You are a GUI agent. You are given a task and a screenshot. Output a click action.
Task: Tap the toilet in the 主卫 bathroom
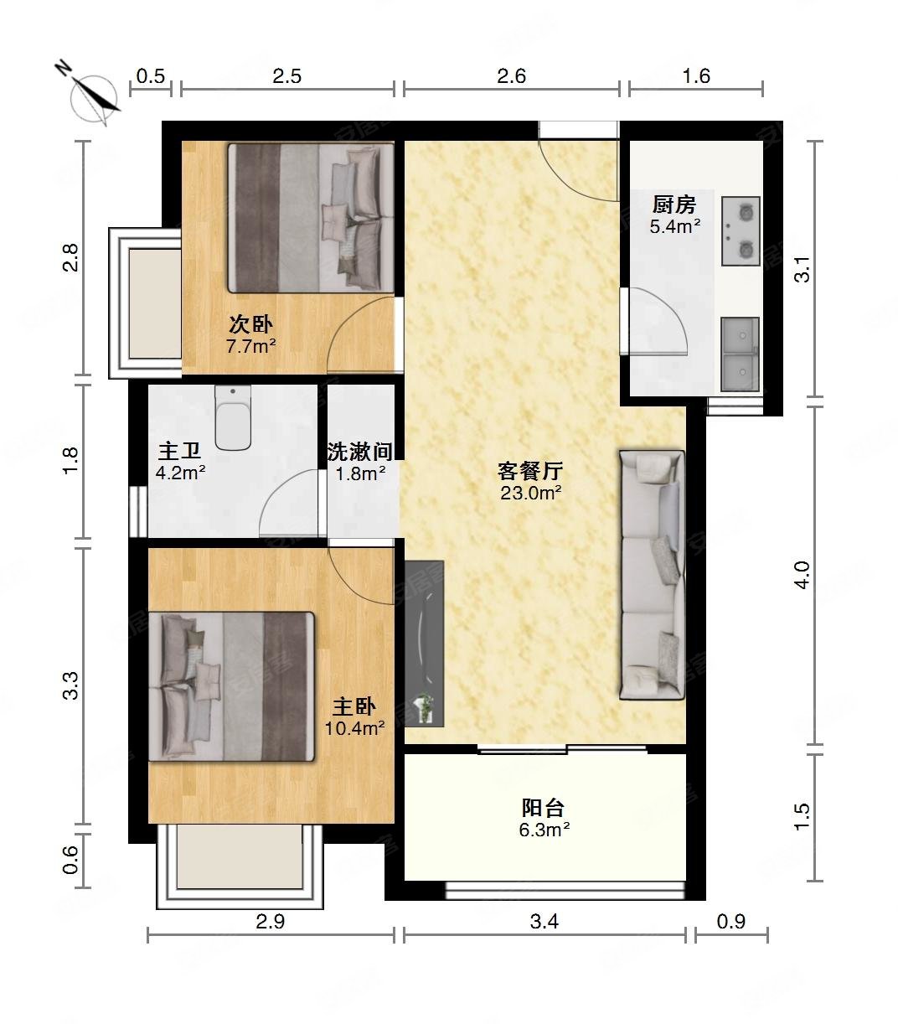[x=233, y=417]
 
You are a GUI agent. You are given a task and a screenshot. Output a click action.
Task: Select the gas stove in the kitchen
[x=741, y=231]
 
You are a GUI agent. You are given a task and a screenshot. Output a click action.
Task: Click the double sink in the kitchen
[x=740, y=354]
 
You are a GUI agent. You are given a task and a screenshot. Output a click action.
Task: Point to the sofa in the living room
[x=652, y=575]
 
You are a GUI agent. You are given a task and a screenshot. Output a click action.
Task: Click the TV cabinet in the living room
[x=424, y=644]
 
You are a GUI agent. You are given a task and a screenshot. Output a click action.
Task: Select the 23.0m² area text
[x=530, y=493]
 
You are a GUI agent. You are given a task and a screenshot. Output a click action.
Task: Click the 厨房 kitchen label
[x=674, y=204]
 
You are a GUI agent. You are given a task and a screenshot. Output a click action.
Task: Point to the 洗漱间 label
[x=360, y=452]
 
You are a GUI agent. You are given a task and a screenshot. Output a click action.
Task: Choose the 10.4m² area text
[x=354, y=728]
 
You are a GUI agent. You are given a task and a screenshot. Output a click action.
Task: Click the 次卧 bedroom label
[x=250, y=324]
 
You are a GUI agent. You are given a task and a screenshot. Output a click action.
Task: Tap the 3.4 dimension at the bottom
[x=544, y=922]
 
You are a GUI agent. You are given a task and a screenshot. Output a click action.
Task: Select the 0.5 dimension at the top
[x=151, y=75]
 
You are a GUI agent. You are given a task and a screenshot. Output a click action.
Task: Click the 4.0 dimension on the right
[x=803, y=575]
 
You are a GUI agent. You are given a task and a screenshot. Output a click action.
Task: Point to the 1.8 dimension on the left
[x=70, y=460]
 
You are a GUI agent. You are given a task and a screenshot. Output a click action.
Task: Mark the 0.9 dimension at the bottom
[x=730, y=922]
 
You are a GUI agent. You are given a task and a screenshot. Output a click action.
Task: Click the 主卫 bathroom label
[x=179, y=451]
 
